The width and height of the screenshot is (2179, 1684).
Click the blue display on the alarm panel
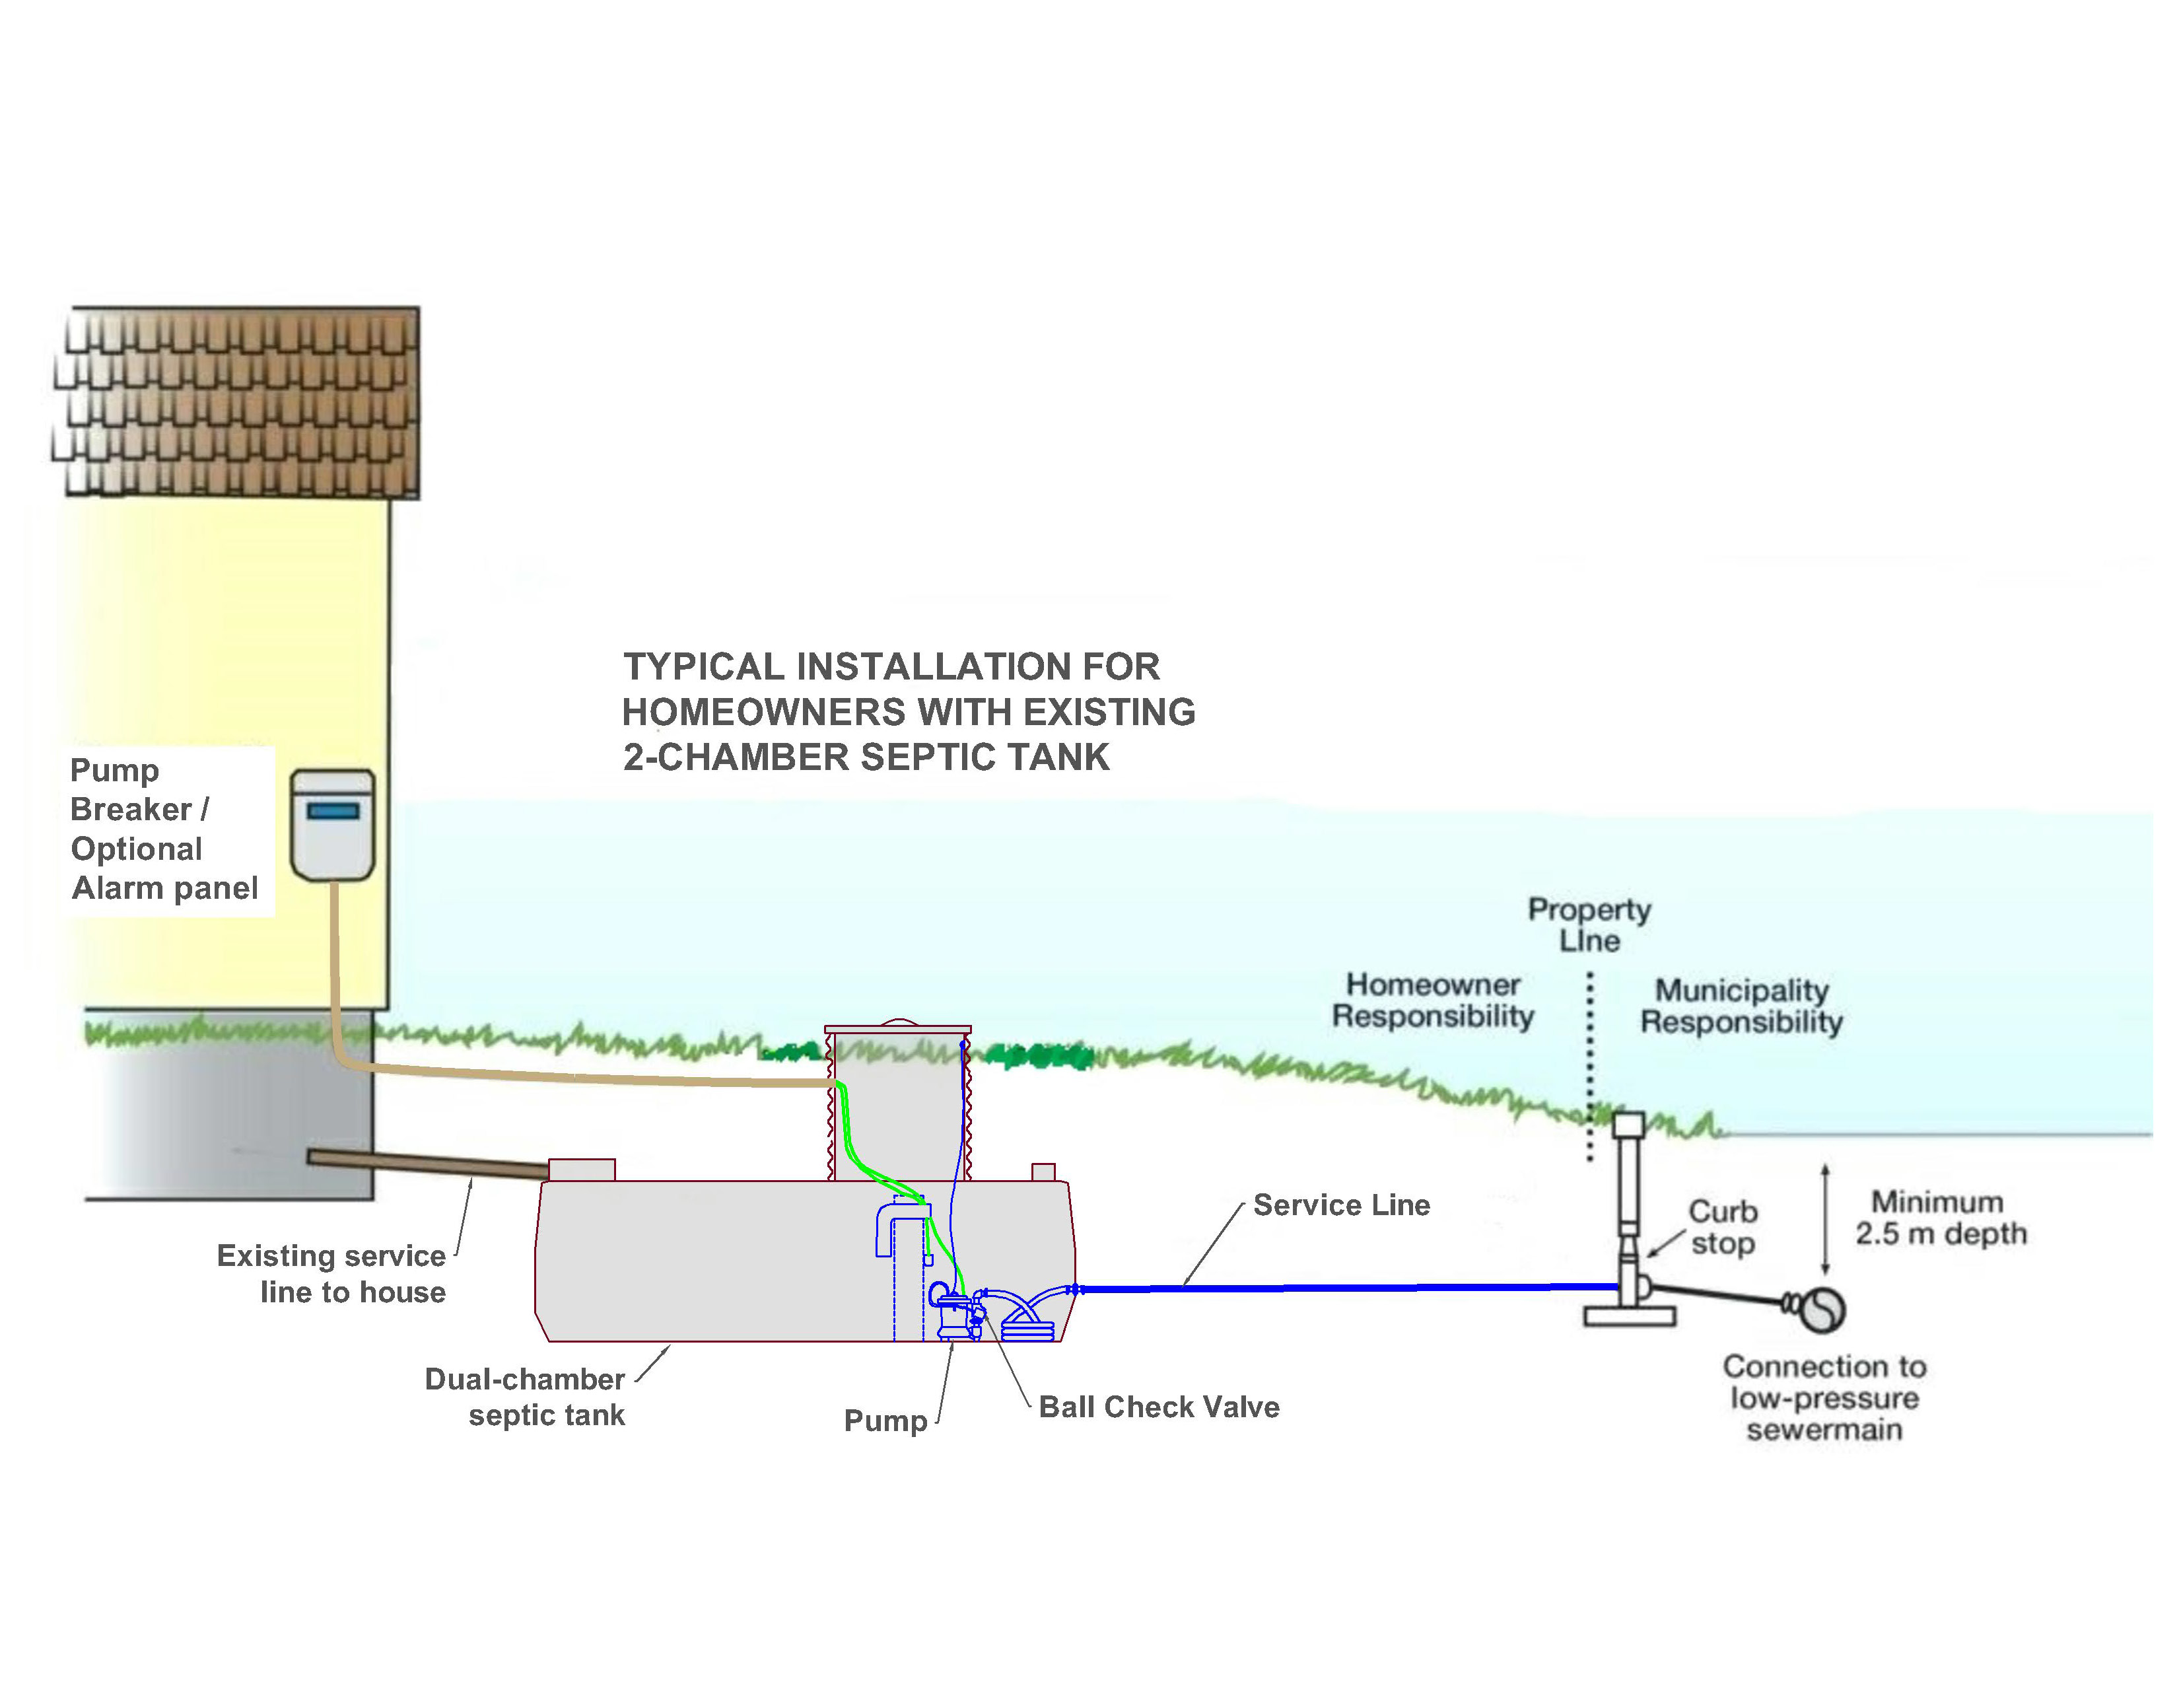(x=333, y=811)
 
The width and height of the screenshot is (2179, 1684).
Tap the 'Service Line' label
(x=1341, y=1205)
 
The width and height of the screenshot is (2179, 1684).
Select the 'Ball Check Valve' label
(x=1158, y=1407)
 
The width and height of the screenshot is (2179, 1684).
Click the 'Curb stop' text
(x=1722, y=1227)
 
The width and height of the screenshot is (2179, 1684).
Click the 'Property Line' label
(x=1589, y=925)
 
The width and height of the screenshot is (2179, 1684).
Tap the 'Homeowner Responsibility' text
(x=1433, y=1000)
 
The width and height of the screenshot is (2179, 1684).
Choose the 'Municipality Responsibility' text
(x=1741, y=1006)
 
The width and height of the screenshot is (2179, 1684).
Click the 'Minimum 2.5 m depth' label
(x=1941, y=1218)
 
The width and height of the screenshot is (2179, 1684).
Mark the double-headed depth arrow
(x=1825, y=1218)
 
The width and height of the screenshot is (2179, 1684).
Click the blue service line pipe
(x=1347, y=1288)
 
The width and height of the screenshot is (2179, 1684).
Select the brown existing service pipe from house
(x=429, y=1162)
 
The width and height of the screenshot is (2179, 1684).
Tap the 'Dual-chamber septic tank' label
(x=526, y=1397)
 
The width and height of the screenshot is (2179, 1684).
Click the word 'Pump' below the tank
(x=885, y=1420)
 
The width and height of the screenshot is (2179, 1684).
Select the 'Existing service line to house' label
(x=331, y=1273)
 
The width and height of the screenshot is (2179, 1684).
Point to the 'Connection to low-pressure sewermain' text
(x=1824, y=1397)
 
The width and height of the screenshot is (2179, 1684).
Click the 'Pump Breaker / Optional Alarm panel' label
(x=164, y=829)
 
